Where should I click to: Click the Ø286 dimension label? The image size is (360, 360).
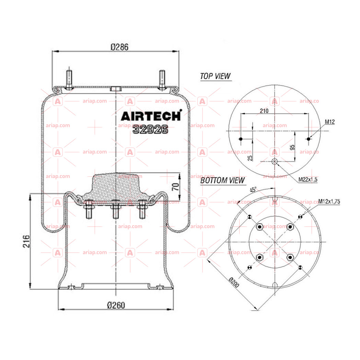tap(119, 47)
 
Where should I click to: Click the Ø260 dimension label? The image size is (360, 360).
tap(116, 305)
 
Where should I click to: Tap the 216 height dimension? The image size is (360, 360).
tap(26, 241)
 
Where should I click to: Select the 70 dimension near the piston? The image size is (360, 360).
tap(175, 187)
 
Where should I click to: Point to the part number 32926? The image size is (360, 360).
tap(150, 129)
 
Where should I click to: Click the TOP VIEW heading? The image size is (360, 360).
tap(216, 76)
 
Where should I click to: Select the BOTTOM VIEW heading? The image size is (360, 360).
tap(222, 181)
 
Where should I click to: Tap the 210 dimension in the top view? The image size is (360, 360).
tap(264, 111)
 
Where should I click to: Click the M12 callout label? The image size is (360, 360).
tap(330, 122)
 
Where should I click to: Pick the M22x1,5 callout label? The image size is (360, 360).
tap(308, 179)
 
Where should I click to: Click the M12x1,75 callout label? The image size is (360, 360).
tap(329, 201)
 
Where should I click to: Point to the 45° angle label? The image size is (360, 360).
tap(253, 190)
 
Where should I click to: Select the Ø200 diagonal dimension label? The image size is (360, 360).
tap(234, 282)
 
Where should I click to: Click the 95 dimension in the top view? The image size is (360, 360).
tap(292, 147)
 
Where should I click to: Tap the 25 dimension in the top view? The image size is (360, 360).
tap(250, 158)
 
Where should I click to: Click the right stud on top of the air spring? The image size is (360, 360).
tap(162, 79)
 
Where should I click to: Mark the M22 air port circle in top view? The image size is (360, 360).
tap(275, 161)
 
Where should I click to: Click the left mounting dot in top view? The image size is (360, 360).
tap(241, 139)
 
